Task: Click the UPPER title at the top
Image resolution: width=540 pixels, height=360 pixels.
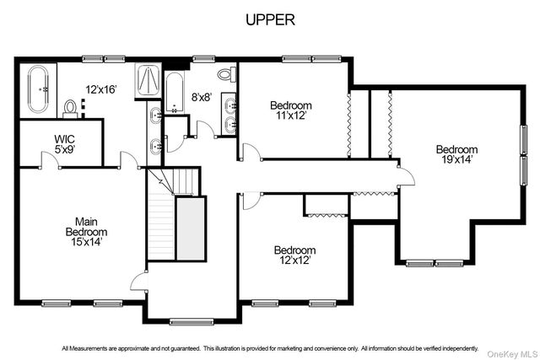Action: (270, 20)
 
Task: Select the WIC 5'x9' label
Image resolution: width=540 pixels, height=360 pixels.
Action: (65, 144)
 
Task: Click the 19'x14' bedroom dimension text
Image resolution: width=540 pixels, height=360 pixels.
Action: (456, 159)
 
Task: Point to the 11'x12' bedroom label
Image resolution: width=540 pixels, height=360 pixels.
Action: (291, 116)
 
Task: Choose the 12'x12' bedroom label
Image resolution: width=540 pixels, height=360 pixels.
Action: (295, 261)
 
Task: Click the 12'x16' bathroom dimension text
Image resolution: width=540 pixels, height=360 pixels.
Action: (101, 90)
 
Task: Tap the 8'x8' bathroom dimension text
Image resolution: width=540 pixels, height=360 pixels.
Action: (201, 98)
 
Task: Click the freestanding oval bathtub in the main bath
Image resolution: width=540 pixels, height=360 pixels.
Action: (38, 89)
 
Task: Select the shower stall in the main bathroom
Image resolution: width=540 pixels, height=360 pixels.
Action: (148, 81)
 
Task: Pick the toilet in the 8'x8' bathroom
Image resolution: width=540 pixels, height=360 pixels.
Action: (227, 74)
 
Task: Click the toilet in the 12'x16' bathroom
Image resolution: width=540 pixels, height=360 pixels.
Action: (71, 109)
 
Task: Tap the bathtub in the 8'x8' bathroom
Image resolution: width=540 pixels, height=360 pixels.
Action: (175, 92)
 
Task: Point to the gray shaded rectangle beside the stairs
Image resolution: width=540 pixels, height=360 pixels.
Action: (191, 228)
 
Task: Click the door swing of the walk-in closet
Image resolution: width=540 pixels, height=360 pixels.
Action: (51, 160)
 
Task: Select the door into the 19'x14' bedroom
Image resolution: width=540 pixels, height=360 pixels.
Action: (407, 176)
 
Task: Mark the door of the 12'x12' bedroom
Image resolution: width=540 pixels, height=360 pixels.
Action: (252, 201)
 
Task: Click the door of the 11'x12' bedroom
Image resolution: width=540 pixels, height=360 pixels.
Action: (252, 152)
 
